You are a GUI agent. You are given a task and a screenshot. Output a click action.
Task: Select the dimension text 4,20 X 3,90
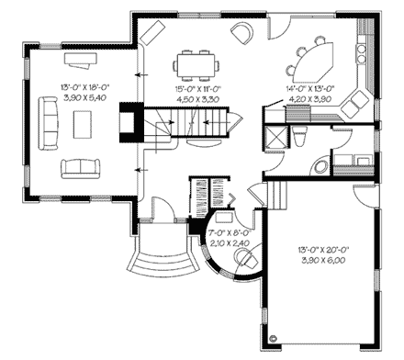[310, 96]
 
